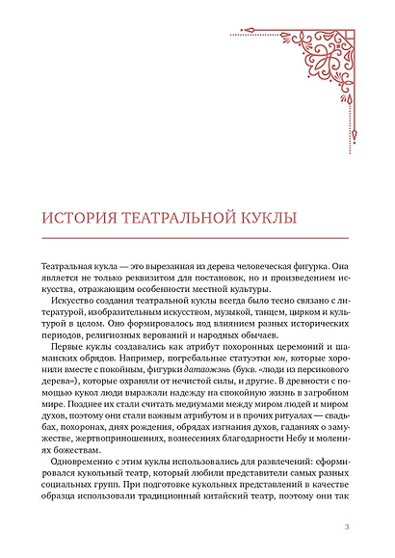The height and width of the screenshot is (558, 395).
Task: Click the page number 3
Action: (x=346, y=526)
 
